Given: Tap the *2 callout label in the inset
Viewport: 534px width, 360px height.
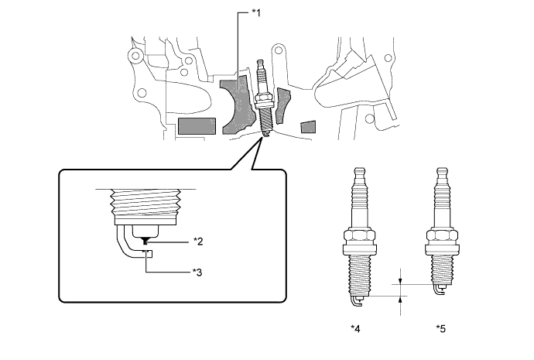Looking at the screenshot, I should (197, 242).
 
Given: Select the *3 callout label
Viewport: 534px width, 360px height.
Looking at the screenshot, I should (197, 271).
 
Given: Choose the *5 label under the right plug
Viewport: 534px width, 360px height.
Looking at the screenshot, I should (441, 328).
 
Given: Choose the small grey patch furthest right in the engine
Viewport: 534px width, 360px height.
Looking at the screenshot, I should (309, 127).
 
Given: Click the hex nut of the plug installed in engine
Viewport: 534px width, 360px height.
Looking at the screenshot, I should (263, 98).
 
